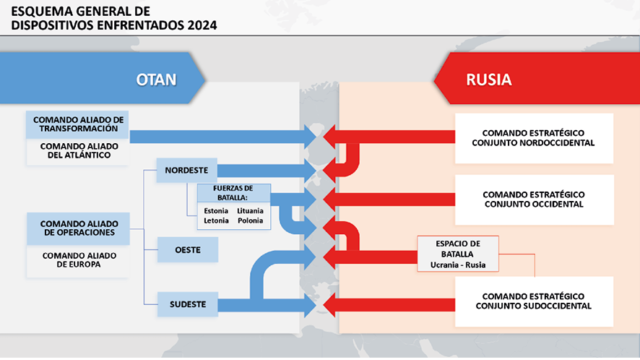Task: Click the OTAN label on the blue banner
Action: (156, 80)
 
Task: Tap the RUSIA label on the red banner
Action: (489, 80)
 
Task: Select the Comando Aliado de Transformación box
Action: (77, 124)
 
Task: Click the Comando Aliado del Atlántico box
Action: (77, 151)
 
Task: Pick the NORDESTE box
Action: (187, 170)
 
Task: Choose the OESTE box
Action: (188, 249)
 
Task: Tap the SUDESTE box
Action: (188, 304)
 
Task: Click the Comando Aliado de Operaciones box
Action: (78, 228)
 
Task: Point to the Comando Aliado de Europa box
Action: (78, 261)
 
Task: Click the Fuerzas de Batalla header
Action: (234, 193)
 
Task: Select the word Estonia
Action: (216, 211)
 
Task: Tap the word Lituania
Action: (250, 211)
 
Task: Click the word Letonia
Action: (216, 220)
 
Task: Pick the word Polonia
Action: (250, 220)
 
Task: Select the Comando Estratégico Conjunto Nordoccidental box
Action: (534, 138)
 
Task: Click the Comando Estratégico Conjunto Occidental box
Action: (534, 200)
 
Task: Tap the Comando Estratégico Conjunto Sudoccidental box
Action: (534, 301)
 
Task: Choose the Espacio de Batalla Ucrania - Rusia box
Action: (458, 254)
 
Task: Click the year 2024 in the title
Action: (202, 25)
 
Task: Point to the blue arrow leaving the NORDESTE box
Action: (267, 171)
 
